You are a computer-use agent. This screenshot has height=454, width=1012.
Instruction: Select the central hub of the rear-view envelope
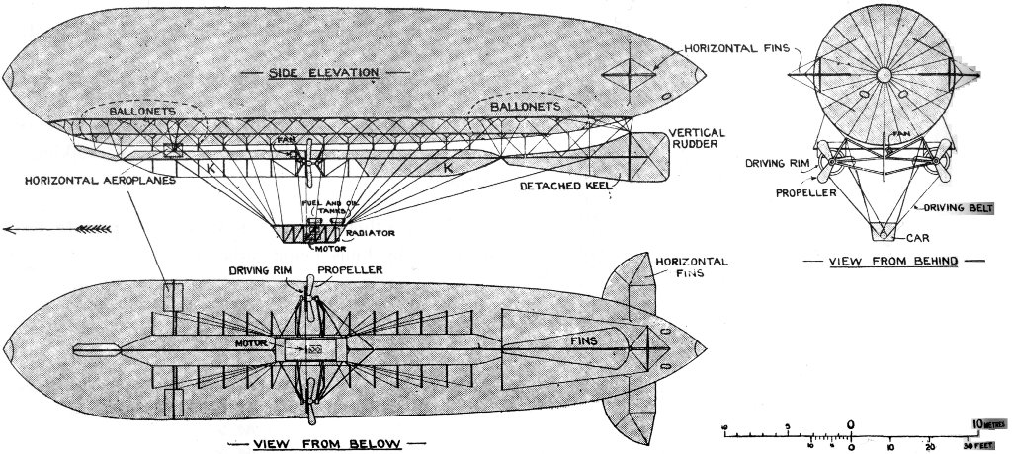pos(882,75)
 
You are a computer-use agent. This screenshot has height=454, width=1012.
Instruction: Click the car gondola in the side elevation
pos(309,234)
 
